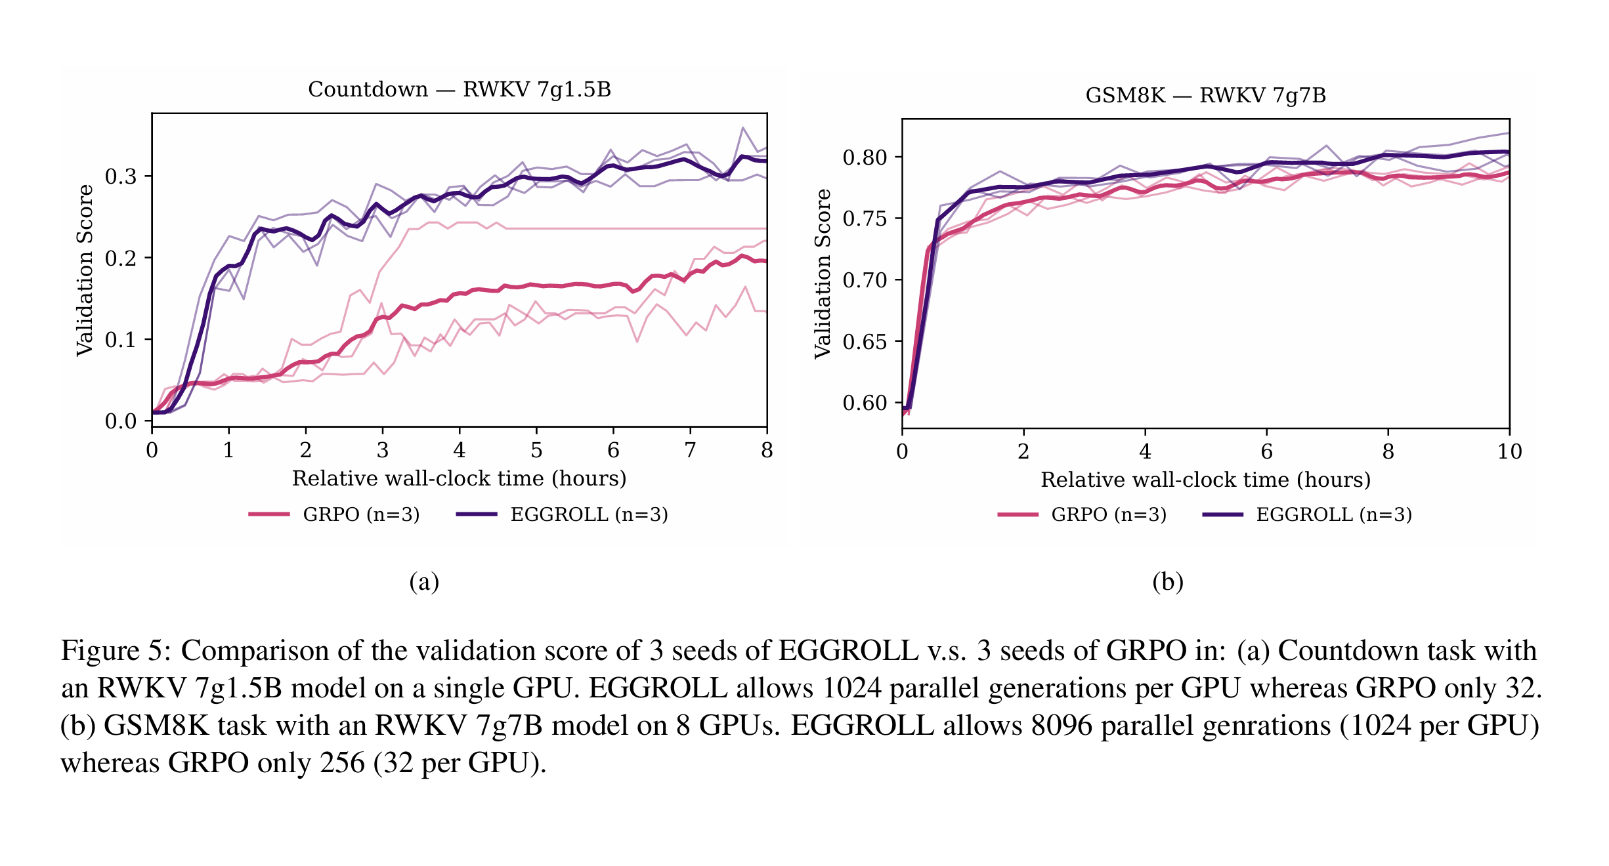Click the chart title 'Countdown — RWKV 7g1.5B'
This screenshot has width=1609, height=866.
point(459,89)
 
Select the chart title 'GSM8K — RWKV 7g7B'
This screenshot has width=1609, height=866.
point(1205,96)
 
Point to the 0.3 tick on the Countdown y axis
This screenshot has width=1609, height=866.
point(121,176)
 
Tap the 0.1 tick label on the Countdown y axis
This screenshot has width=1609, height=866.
point(121,340)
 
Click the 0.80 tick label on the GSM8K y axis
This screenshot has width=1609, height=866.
point(865,157)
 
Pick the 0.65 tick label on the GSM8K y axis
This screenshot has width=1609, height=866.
point(865,342)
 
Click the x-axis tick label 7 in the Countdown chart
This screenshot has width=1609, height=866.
point(690,450)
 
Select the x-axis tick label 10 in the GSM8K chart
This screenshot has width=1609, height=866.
point(1509,451)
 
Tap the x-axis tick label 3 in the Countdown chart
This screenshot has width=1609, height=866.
point(383,450)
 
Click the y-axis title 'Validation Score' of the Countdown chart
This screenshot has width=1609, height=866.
point(85,270)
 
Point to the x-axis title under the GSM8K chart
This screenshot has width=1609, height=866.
point(1205,480)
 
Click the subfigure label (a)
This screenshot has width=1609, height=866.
point(424,582)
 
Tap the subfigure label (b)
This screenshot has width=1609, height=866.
point(1167,582)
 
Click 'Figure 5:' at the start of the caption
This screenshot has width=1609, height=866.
point(116,651)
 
